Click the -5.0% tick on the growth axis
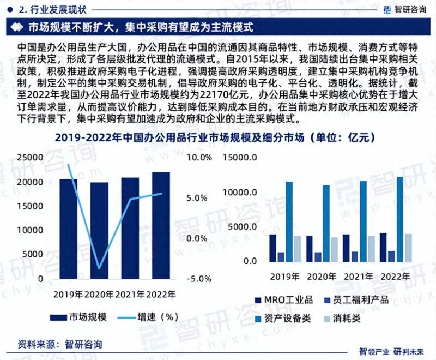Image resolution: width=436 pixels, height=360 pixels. (x=199, y=279)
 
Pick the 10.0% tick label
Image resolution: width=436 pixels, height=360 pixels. (x=199, y=158)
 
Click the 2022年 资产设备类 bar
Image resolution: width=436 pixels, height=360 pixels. (x=400, y=219)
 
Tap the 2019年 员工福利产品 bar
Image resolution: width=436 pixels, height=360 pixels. (x=281, y=256)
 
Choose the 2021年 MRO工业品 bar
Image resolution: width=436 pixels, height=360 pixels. (x=346, y=248)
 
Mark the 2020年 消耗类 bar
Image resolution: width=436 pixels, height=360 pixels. (x=335, y=249)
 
